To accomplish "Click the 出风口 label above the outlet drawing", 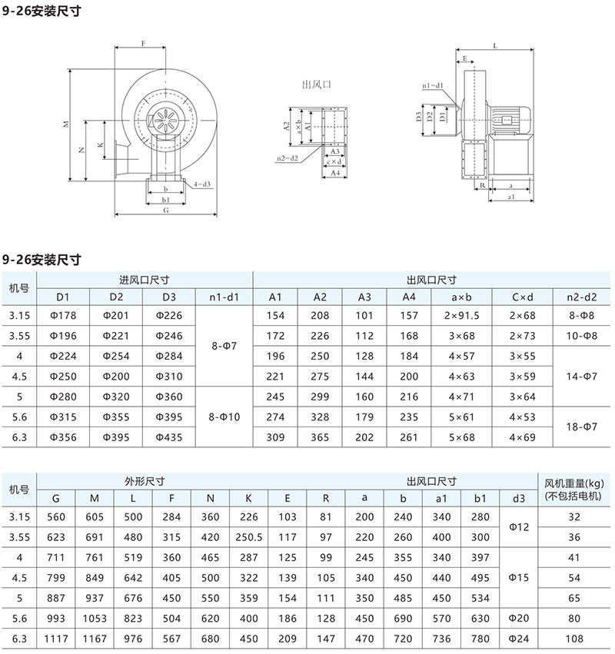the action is coord(316,85).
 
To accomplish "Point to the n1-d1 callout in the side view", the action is coord(433,85).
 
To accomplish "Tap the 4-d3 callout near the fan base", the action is coord(202,184).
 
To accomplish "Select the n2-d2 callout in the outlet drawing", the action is coord(288,158).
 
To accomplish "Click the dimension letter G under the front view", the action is coord(165,211).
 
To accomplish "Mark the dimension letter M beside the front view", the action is coord(66,124).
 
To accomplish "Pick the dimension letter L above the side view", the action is coord(495,45).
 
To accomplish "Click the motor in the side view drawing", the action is coord(510,121).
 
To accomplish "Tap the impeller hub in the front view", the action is coord(165,121).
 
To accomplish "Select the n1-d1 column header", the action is coord(224,297).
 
